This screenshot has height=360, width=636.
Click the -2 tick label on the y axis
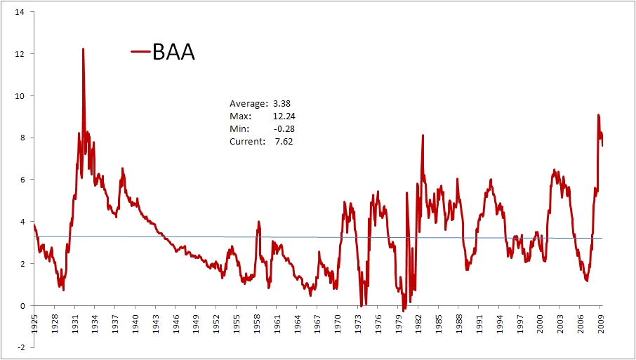coord(21,347)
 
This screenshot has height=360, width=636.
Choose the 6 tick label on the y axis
coord(22,180)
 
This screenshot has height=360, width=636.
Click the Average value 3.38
coord(281,104)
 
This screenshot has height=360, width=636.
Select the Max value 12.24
coord(283,116)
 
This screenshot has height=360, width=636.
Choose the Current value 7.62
coord(284,142)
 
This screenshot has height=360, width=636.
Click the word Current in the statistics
coord(246,142)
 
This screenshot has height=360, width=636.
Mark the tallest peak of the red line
coord(83,49)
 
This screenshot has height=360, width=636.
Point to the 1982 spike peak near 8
coord(423,135)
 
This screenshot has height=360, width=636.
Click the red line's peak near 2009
coord(598,115)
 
